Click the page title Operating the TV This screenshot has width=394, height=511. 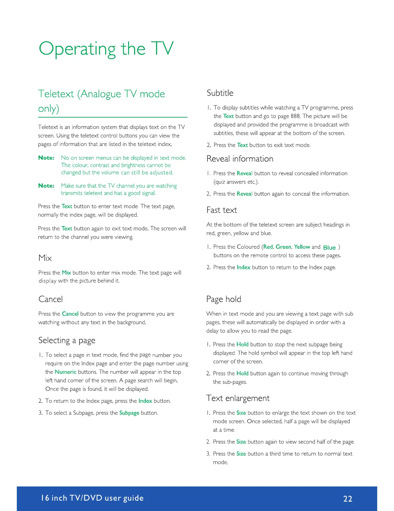pyautogui.click(x=106, y=49)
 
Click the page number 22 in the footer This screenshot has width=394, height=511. pyautogui.click(x=348, y=499)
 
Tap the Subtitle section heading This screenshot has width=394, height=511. pyautogui.click(x=220, y=93)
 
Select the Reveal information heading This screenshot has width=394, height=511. pyautogui.click(x=240, y=159)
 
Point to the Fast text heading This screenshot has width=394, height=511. pyautogui.click(x=222, y=210)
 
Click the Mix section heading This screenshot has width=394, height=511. pyautogui.click(x=45, y=258)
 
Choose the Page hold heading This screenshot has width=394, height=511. pyautogui.click(x=224, y=299)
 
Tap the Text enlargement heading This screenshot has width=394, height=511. pyautogui.click(x=238, y=398)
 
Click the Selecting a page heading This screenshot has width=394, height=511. pyautogui.click(x=67, y=340)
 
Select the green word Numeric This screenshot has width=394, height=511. pyautogui.click(x=66, y=372)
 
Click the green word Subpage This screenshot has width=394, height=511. pyautogui.click(x=129, y=413)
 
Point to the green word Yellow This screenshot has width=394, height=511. pyautogui.click(x=302, y=247)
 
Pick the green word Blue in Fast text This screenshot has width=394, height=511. pyautogui.click(x=329, y=247)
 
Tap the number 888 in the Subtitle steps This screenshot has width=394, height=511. pyautogui.click(x=295, y=116)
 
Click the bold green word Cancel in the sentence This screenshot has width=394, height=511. pyautogui.click(x=70, y=314)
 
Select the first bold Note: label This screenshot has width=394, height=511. pyautogui.click(x=46, y=158)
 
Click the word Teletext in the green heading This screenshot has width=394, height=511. pyautogui.click(x=56, y=94)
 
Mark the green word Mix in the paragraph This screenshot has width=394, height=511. pyautogui.click(x=66, y=273)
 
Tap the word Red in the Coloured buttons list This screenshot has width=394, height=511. pyautogui.click(x=268, y=247)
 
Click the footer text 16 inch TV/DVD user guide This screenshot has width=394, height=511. pyautogui.click(x=92, y=498)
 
